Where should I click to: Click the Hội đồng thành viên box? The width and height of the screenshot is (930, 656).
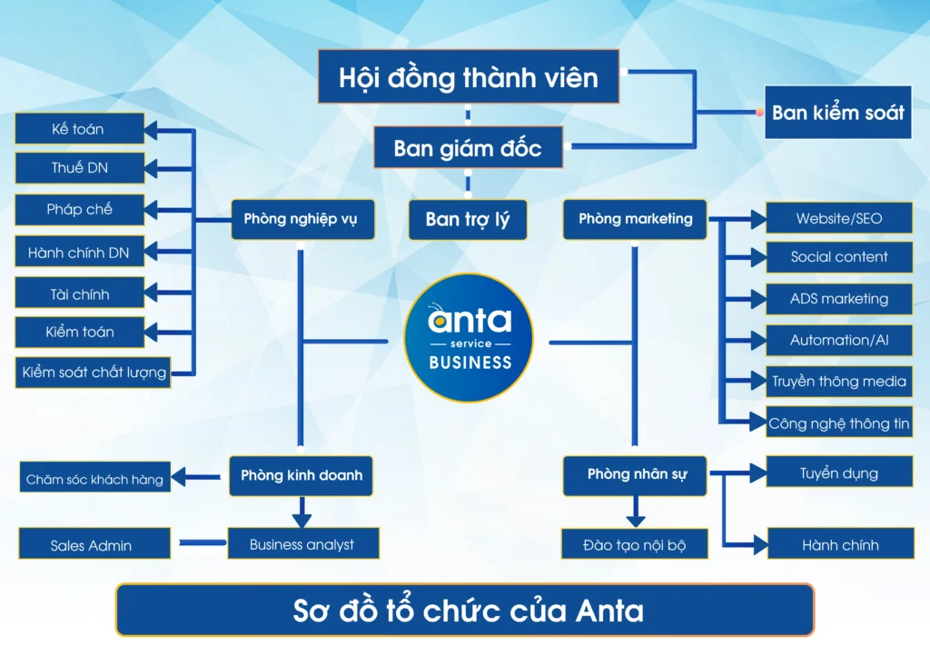point(469,77)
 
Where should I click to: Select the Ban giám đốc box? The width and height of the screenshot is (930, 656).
point(468,148)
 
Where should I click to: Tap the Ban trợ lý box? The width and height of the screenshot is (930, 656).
point(468,219)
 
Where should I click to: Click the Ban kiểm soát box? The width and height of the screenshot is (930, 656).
point(837,113)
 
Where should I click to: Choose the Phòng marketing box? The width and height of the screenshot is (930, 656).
point(635,219)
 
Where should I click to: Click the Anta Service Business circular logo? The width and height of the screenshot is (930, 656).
point(469,338)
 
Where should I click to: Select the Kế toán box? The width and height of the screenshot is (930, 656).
point(79,129)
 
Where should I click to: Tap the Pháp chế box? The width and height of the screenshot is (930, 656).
point(79,209)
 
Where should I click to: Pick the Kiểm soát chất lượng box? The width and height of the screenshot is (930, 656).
point(94,372)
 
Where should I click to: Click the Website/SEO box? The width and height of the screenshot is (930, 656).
point(838,218)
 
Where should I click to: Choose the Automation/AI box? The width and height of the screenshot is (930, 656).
point(838,340)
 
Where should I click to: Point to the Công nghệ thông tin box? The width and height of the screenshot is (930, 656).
point(838,423)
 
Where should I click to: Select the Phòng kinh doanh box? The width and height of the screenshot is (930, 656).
point(302,475)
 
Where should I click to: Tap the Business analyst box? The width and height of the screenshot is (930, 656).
point(302,544)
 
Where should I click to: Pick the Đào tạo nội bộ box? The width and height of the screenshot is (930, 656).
point(635,545)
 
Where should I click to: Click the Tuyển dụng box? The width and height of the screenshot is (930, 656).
point(838,473)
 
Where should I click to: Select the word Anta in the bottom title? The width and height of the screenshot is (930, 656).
point(609,611)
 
